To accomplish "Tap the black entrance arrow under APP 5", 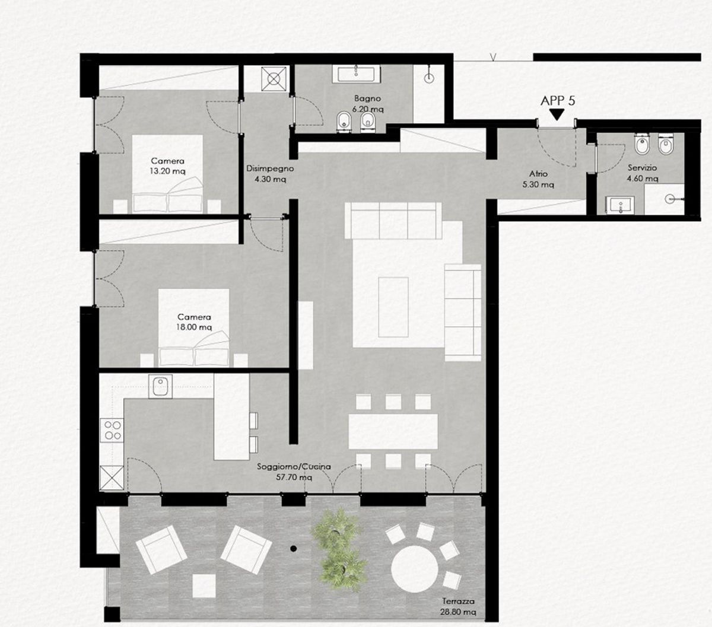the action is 557,115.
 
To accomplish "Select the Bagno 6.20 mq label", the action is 368,104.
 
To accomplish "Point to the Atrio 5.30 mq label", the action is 538,179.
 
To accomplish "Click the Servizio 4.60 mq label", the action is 643,173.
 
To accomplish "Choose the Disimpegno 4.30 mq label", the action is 270,174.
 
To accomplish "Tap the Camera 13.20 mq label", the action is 168,166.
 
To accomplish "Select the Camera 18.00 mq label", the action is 194,322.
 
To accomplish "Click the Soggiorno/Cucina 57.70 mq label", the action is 294,472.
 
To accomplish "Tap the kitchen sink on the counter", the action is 160,386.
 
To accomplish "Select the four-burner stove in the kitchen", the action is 112,430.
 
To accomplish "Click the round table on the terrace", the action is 415,569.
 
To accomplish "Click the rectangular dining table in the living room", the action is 393,431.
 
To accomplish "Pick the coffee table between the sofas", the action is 393,307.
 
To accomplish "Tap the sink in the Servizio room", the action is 620,205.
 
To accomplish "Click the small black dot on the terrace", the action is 294,549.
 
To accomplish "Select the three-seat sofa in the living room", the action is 393,220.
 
